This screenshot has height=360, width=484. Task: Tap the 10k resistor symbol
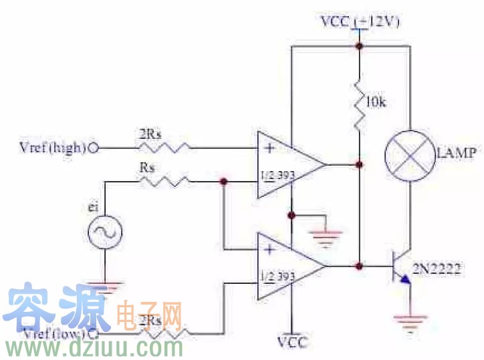[x=359, y=104]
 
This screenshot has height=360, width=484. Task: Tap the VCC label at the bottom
[x=291, y=343]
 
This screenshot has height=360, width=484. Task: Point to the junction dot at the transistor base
[x=360, y=266]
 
